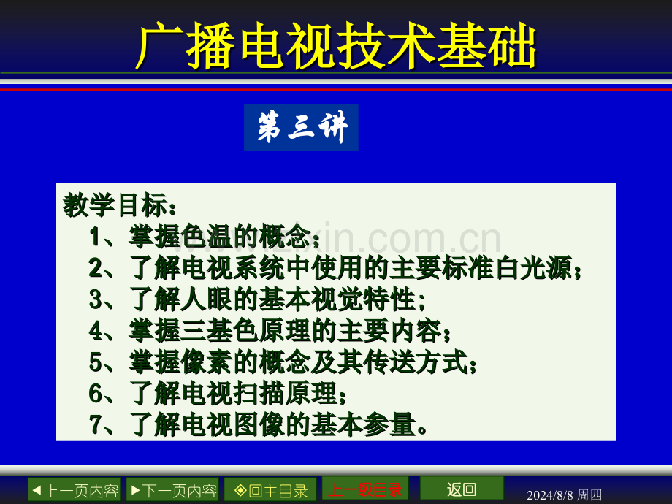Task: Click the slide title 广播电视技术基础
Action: point(336,47)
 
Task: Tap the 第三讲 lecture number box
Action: point(301,128)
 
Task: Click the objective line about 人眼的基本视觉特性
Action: point(257,299)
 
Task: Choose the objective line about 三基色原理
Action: point(270,331)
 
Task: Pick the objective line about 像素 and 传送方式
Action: point(283,362)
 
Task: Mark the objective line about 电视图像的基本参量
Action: point(259,425)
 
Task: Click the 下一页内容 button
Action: point(172,490)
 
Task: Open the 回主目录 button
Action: point(270,490)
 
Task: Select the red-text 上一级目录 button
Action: point(365,489)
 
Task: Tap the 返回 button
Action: point(462,489)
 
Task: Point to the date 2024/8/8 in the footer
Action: point(549,495)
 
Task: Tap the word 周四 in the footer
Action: point(589,495)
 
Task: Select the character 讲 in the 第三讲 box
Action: point(333,128)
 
